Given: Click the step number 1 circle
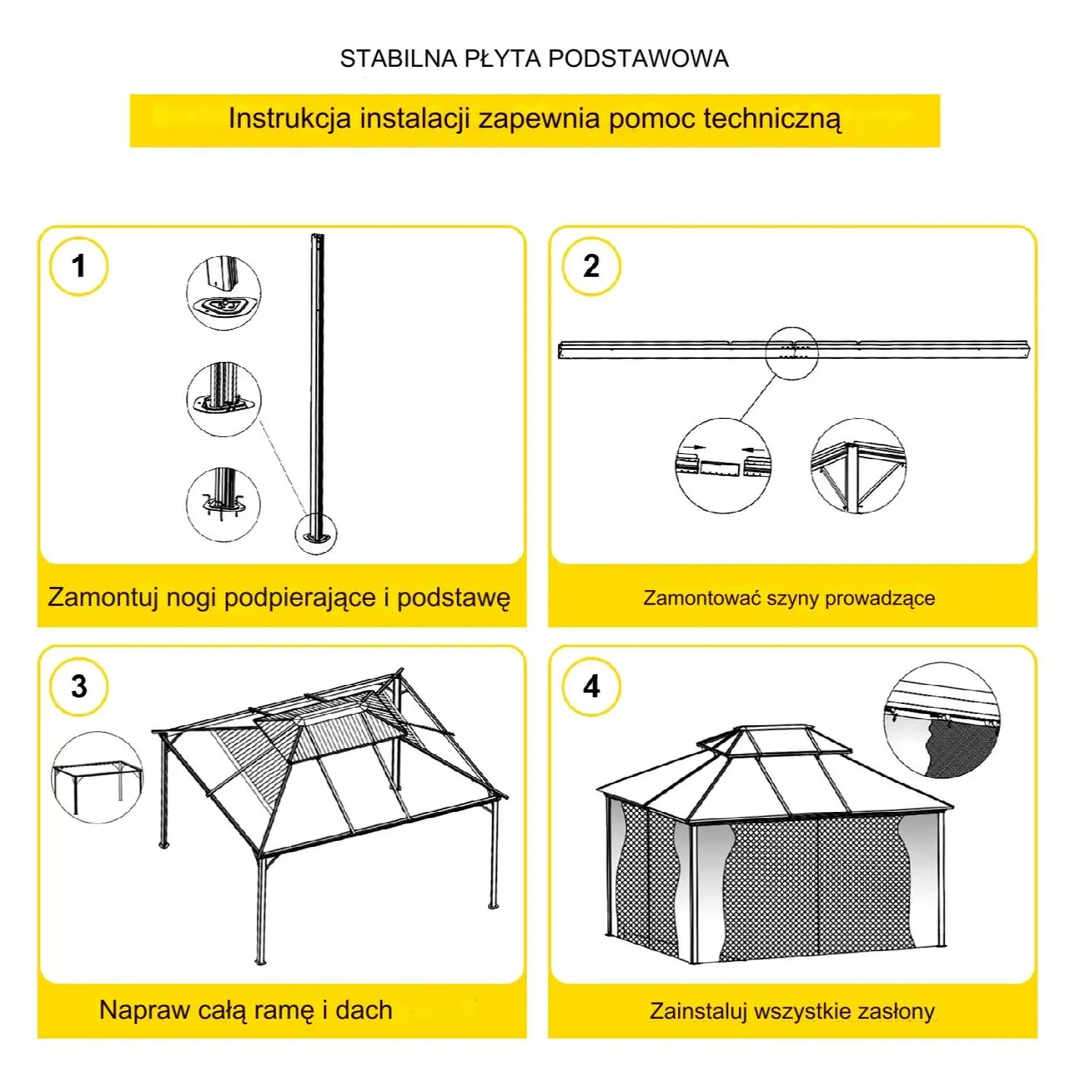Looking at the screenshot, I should click(x=78, y=266).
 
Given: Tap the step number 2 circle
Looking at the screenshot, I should click(x=591, y=266).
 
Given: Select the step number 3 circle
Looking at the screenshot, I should click(x=78, y=687).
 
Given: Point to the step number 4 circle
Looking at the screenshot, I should click(x=591, y=687).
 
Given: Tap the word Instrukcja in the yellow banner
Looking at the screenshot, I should click(x=290, y=119).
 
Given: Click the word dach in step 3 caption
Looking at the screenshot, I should click(x=363, y=1010).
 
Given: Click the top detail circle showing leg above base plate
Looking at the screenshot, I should click(x=224, y=293).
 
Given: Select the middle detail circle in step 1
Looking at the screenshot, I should click(x=224, y=399).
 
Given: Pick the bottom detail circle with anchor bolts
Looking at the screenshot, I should click(x=224, y=505).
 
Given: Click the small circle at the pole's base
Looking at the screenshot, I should click(x=316, y=533).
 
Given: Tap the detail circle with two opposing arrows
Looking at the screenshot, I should click(x=722, y=465).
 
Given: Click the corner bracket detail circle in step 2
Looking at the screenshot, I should click(x=858, y=465).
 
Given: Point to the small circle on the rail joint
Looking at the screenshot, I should click(x=791, y=352).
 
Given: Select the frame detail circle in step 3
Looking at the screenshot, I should click(x=97, y=778).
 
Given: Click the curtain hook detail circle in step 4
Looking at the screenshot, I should click(x=942, y=721).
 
